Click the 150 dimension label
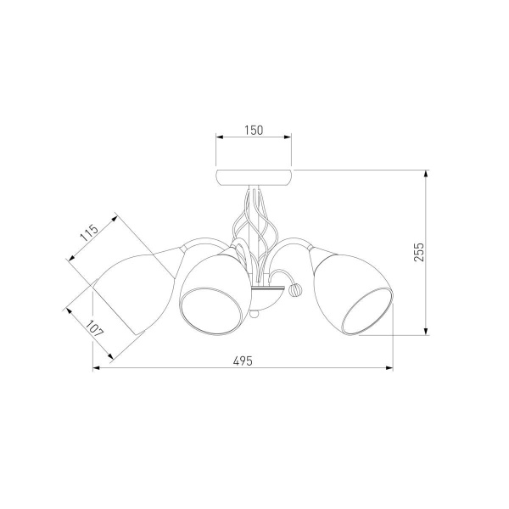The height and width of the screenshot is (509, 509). (x=254, y=130)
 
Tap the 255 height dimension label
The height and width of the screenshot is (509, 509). (x=419, y=252)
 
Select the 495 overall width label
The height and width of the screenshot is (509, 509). (x=243, y=361)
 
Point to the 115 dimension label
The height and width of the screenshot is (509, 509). (x=89, y=232)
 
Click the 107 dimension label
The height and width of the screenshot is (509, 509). (x=95, y=328)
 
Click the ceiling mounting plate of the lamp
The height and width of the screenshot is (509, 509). (x=254, y=177)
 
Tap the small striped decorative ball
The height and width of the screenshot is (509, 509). (x=296, y=289)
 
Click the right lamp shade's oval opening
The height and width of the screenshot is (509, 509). (x=366, y=311)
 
